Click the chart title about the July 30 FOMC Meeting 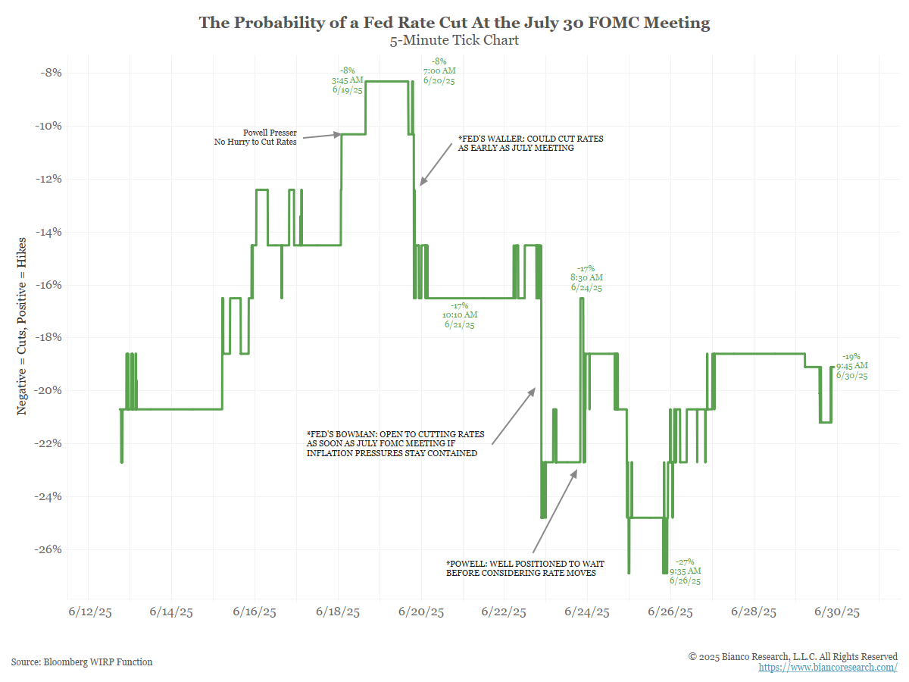click(x=454, y=23)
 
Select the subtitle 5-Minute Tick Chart click(x=454, y=41)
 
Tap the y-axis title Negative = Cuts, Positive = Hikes click(x=23, y=326)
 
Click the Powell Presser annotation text click(x=255, y=137)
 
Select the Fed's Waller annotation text click(x=531, y=144)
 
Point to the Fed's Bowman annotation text click(x=395, y=443)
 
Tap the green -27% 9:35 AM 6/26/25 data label click(x=685, y=571)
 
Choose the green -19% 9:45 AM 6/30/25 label click(x=851, y=366)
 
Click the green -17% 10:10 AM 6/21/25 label click(x=461, y=314)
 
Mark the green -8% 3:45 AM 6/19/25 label click(x=347, y=80)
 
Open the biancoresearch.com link click(x=827, y=668)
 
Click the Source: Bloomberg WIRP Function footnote click(x=82, y=662)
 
